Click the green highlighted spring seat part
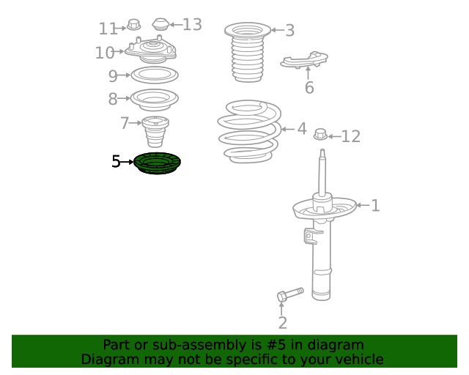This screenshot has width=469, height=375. coord(157,163)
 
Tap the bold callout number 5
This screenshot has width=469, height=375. coord(116,161)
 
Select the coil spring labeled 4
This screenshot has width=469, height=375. coord(249,132)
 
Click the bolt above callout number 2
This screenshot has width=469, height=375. coord(290,294)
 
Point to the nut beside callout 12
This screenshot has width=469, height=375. coord(321,134)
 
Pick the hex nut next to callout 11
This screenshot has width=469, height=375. coord(133,24)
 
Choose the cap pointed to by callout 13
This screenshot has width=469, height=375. coord(161,24)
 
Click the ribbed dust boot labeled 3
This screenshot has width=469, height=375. coord(248,52)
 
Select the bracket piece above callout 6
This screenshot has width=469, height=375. coord(304,60)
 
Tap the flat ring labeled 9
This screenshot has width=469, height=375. coord(155,75)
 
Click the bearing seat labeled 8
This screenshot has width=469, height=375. coord(155,100)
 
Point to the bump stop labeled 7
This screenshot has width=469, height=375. coord(155,132)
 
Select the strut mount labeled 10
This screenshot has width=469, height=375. coord(151,50)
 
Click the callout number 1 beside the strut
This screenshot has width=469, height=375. coord(375,206)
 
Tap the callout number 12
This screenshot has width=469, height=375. coord(350,136)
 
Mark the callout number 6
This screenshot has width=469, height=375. coord(309,88)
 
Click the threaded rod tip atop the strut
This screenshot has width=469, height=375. coord(322,153)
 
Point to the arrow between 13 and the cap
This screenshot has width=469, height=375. coord(176,24)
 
